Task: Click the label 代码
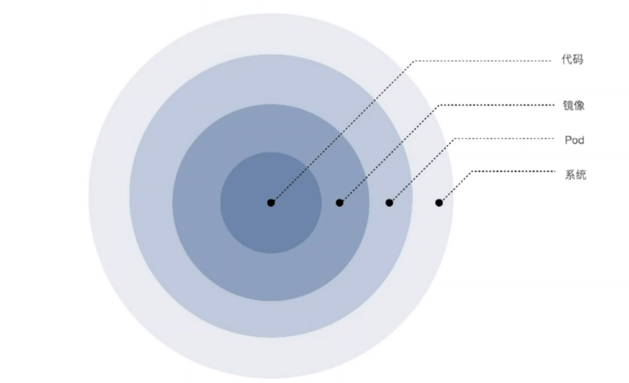572,59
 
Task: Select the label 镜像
573,106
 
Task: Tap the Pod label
574,140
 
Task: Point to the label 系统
575,175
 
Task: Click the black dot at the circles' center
271,203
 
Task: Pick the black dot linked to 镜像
340,203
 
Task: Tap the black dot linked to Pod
389,203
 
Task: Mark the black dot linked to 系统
439,203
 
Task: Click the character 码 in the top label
578,59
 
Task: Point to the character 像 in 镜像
580,106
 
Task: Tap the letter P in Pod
568,140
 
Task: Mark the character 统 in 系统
581,175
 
